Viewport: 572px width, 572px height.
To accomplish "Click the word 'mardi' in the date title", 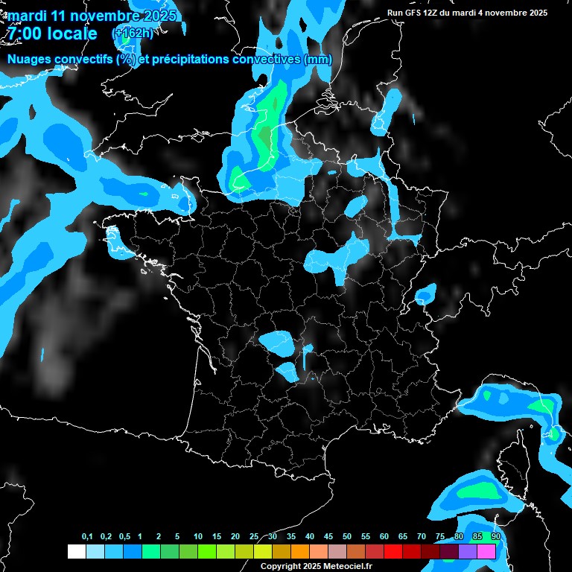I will click(x=28, y=16).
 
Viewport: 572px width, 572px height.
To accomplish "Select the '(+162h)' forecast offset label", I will click(x=132, y=33).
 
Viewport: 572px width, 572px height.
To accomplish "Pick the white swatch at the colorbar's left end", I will click(x=76, y=552).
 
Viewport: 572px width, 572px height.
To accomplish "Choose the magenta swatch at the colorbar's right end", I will click(x=487, y=552).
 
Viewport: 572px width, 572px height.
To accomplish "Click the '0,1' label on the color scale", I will click(x=87, y=537).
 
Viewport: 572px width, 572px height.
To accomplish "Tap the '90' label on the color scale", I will click(x=496, y=537).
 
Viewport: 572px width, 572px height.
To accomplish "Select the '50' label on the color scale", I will click(x=347, y=537).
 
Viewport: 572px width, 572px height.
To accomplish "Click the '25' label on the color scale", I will click(x=254, y=537).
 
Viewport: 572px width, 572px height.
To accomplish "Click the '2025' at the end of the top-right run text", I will click(x=538, y=13).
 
